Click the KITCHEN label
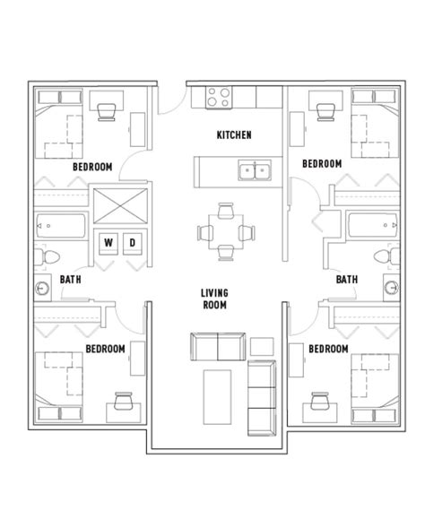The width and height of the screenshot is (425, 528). point(234,135)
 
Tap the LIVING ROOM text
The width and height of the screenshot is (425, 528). point(214,299)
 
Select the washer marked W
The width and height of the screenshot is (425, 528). point(108,243)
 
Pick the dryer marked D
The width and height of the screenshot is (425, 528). point(133,243)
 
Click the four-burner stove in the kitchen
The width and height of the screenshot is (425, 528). point(219,98)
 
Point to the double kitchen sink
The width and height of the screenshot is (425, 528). point(255,170)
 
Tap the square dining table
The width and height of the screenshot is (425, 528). point(226,231)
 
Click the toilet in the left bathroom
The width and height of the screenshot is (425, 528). point(48,257)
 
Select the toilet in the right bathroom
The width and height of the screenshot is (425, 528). point(386,256)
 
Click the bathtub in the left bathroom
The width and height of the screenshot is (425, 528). point(61,226)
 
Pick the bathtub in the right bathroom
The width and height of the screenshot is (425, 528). point(373,225)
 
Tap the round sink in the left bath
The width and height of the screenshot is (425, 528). point(42,288)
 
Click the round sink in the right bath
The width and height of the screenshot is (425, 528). point(392,287)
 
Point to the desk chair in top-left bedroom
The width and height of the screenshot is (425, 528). point(107,112)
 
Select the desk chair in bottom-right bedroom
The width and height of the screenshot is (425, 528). point(319,401)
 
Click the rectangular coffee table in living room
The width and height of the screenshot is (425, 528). point(217,397)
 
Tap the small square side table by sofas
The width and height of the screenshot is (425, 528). point(262,347)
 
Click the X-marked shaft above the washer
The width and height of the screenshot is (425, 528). point(120,206)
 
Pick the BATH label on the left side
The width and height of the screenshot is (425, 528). point(70,280)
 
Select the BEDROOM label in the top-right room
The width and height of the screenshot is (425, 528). point(322,164)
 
